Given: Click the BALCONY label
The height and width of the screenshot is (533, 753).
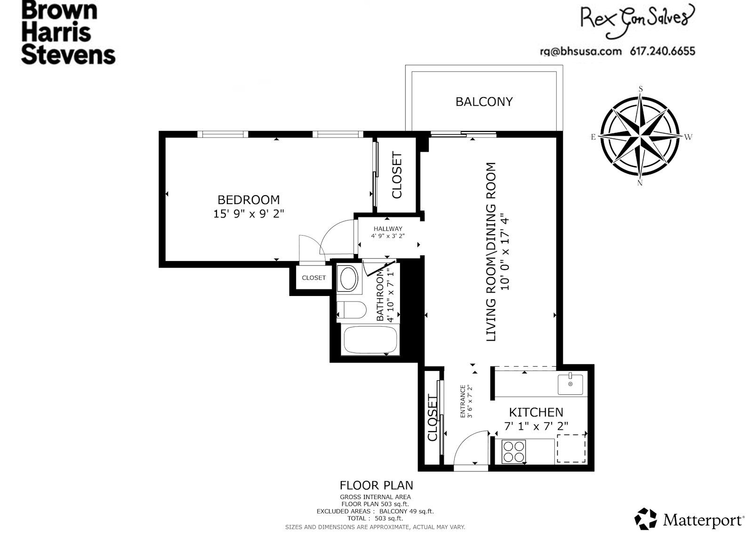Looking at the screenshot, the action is point(484,102).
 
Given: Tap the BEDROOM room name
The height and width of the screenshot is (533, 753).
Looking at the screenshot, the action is point(249,200).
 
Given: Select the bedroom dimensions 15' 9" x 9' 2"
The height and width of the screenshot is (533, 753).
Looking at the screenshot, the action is point(249,214).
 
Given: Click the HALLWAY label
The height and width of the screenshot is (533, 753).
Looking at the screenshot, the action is point(388,229).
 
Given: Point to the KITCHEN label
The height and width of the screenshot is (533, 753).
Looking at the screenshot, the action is point(536,412).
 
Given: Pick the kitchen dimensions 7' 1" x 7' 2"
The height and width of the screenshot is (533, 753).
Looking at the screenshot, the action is point(536,426).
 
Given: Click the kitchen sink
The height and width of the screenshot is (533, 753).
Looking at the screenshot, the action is point(570,384).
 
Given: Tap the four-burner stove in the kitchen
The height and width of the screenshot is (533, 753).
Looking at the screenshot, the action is point(513,451).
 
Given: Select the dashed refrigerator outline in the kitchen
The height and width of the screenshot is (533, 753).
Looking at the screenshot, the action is point(571,448).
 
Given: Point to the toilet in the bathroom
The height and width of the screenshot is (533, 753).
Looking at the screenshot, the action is point(352,310).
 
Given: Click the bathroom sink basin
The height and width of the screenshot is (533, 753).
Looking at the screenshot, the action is point(349,278).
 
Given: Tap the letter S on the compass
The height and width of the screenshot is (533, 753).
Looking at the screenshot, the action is point(641,89).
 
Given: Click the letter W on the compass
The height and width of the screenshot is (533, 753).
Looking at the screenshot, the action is point(688,137).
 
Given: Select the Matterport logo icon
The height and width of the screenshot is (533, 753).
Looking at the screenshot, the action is point(645,519).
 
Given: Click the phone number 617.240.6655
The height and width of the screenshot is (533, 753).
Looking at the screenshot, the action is point(663,51).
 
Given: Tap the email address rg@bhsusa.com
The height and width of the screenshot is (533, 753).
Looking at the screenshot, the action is point(581,51).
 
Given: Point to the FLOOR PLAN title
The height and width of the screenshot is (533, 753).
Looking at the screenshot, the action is point(376,485).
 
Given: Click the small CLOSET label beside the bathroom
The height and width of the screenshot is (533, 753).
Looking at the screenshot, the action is point(313,278).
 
